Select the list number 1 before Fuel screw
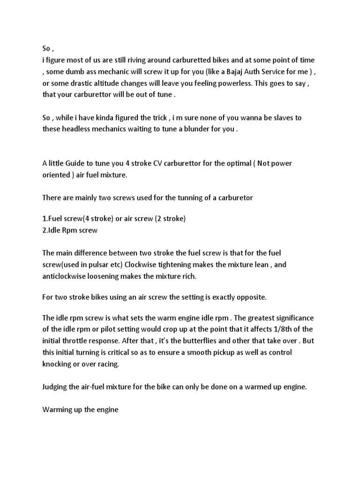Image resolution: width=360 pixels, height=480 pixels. point(44,219)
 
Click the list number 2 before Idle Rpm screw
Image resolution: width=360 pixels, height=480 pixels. point(44,231)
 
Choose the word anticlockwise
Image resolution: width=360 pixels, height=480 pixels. point(64,277)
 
